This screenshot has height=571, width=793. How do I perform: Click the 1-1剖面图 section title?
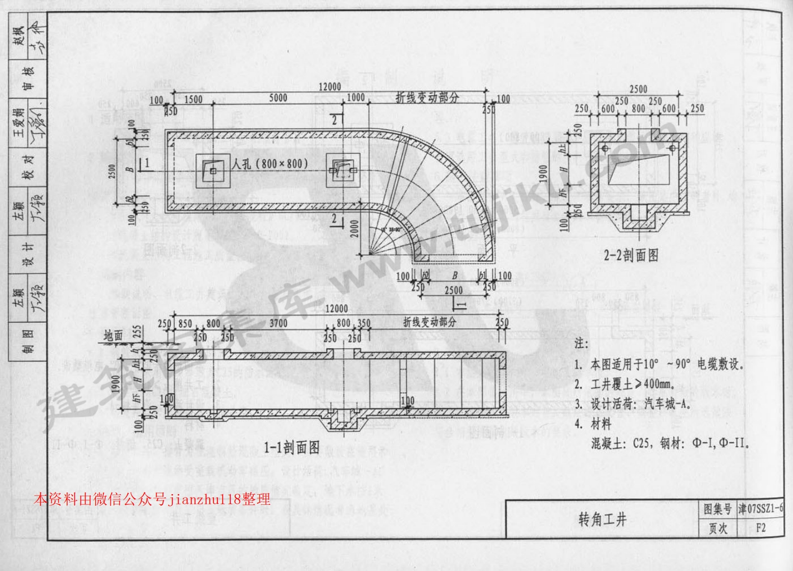pos(292,447)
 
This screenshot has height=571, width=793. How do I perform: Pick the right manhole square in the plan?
pos(343,170)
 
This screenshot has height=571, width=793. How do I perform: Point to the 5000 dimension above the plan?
pos(278,98)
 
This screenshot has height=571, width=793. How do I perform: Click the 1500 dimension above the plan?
pos(193,100)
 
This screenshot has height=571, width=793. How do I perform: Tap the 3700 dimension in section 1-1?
pos(278,323)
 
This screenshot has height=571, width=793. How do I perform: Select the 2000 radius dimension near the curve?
pos(356,232)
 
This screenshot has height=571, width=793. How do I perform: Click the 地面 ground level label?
pos(114,335)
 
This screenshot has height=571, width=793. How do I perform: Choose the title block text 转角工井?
pos(602,520)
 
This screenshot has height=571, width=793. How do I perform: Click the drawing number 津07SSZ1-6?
pos(761,509)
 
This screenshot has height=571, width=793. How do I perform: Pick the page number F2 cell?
pos(761,528)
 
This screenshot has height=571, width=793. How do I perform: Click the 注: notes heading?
pos(581,343)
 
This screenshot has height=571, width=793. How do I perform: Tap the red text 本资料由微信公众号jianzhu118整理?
pos(152,499)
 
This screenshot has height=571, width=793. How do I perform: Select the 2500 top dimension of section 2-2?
pos(638,90)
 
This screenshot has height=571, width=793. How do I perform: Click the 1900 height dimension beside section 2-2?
pos(543,176)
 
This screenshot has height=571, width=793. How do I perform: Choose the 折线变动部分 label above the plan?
pos(427,98)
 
